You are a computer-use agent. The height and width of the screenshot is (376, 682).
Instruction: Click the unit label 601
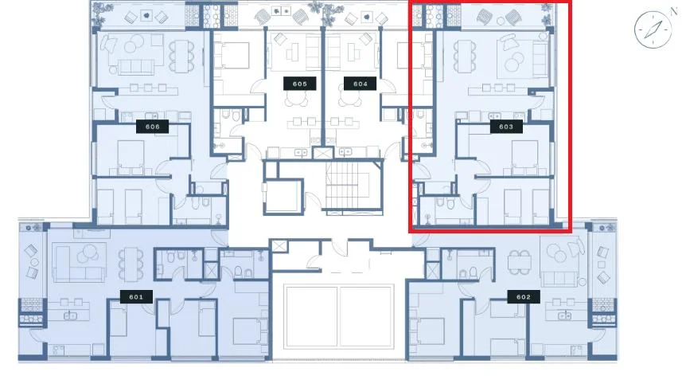click(136, 297)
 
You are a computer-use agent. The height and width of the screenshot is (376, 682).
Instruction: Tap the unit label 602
click(524, 297)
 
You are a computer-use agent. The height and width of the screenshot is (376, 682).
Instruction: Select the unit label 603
click(506, 127)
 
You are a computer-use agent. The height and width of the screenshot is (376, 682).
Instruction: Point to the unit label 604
click(360, 84)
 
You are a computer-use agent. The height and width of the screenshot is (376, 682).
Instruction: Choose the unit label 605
click(300, 84)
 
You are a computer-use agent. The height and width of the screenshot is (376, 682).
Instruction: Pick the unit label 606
click(152, 127)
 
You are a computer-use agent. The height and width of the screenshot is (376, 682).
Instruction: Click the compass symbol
click(653, 29)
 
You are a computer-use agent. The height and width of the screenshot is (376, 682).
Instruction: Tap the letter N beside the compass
click(674, 12)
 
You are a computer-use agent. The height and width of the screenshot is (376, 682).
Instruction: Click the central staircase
click(348, 186)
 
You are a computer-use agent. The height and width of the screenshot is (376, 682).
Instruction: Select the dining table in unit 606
click(181, 56)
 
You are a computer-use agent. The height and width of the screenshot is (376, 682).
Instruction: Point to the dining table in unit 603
click(465, 56)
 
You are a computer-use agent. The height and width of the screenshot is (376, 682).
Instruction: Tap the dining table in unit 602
click(520, 263)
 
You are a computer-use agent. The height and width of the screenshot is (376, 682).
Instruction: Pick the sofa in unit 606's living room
click(136, 67)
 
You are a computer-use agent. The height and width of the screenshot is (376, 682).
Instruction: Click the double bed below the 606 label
click(131, 158)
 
